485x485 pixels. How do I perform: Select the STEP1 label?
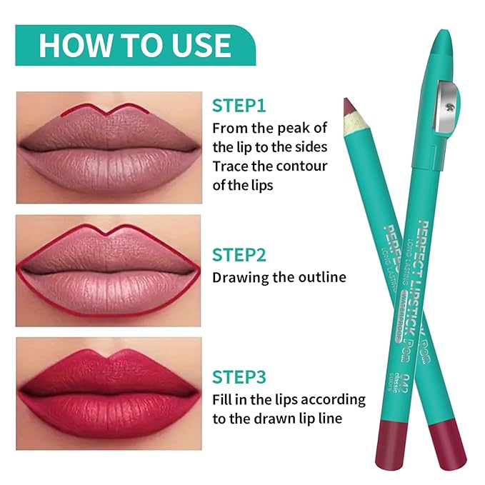[239, 106]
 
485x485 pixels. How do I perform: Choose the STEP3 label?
[239, 376]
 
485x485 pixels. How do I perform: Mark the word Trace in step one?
[231, 166]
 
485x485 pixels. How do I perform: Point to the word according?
[335, 400]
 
